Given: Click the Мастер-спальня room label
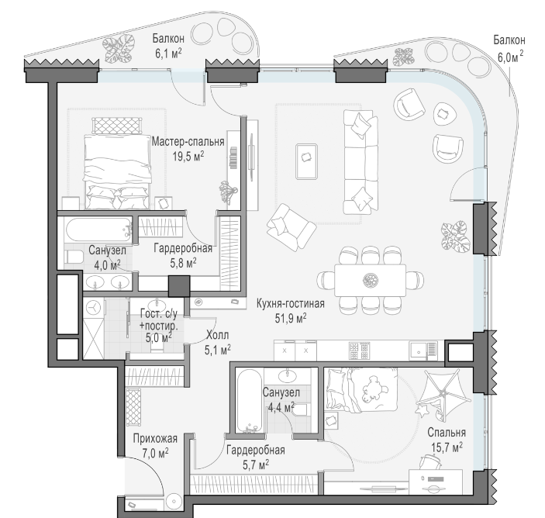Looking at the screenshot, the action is pyautogui.click(x=188, y=142).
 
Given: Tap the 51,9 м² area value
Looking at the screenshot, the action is pyautogui.click(x=291, y=318).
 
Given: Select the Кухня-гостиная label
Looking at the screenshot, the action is pyautogui.click(x=291, y=303).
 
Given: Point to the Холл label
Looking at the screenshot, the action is pyautogui.click(x=218, y=336).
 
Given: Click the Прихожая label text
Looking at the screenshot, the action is pyautogui.click(x=155, y=438).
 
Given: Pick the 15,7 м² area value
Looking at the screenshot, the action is pyautogui.click(x=447, y=447).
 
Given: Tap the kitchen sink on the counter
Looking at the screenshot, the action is pyautogui.click(x=423, y=351).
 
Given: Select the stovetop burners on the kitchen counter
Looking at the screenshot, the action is pyautogui.click(x=359, y=351).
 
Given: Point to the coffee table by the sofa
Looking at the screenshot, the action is pyautogui.click(x=306, y=161).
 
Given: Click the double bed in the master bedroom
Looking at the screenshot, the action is pyautogui.click(x=117, y=171).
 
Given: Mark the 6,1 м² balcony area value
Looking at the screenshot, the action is pyautogui.click(x=168, y=54).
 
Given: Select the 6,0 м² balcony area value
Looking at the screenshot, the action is pyautogui.click(x=510, y=56).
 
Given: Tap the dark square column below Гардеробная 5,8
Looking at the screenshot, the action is pyautogui.click(x=179, y=286).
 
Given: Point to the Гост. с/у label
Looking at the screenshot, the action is pyautogui.click(x=158, y=314).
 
